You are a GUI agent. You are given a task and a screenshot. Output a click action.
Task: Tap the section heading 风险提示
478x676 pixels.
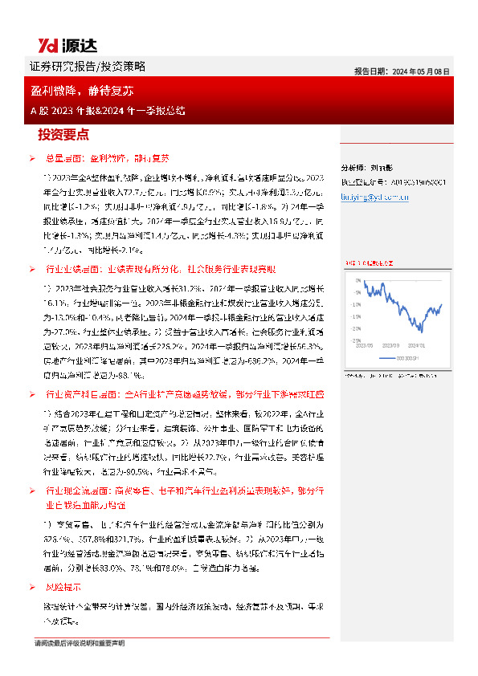(x=62, y=587)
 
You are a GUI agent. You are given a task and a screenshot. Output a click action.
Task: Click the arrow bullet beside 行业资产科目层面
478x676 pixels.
(x=31, y=395)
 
